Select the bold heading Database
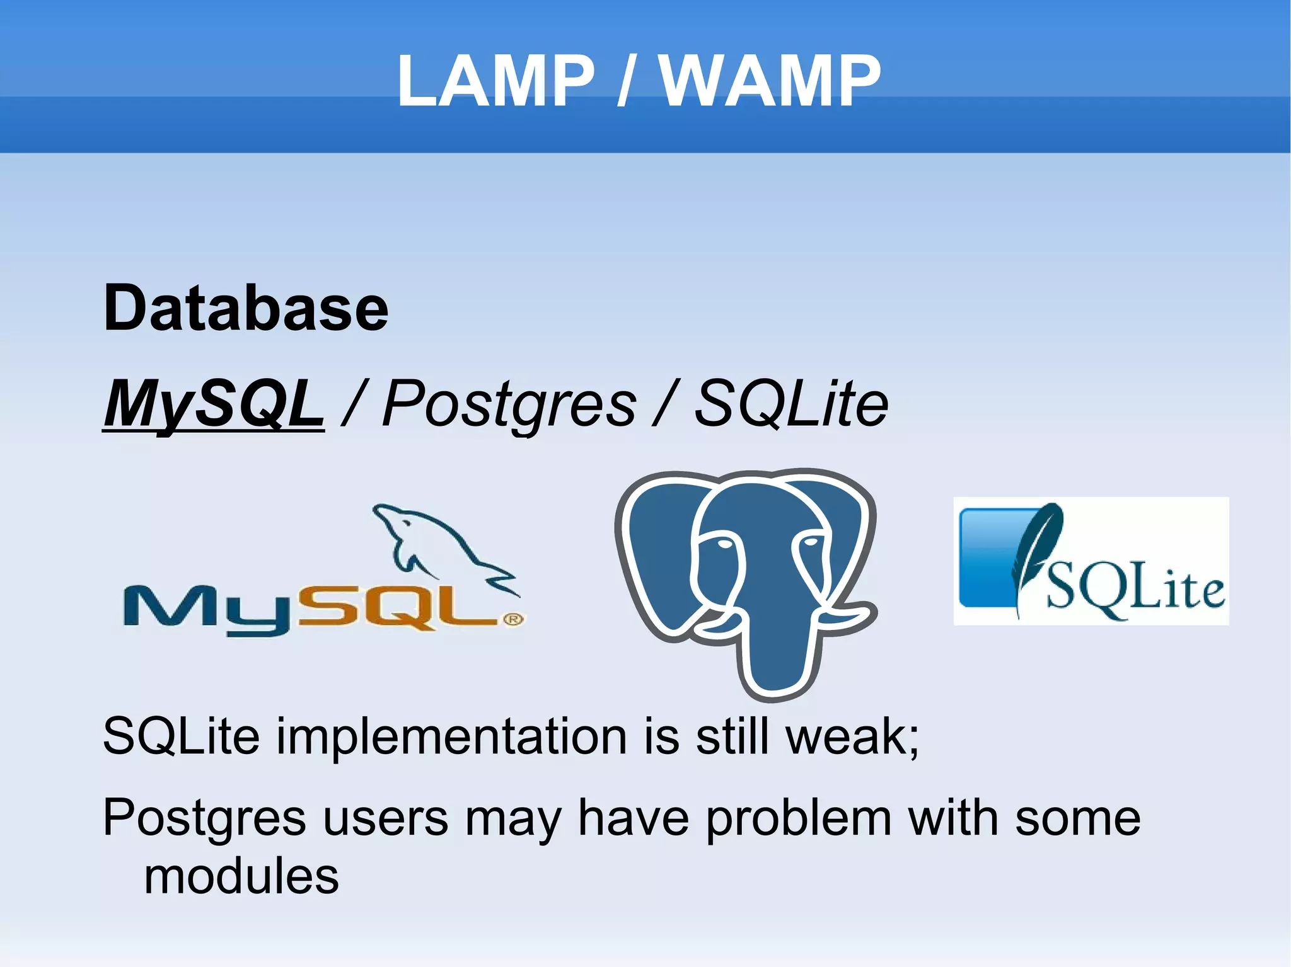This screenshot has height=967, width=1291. (x=246, y=309)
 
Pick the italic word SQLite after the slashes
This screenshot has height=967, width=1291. (x=791, y=403)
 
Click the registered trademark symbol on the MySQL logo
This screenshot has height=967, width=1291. (x=514, y=620)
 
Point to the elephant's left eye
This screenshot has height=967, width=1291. (x=723, y=543)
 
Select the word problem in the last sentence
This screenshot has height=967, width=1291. (x=798, y=818)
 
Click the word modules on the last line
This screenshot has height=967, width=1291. (x=241, y=877)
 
